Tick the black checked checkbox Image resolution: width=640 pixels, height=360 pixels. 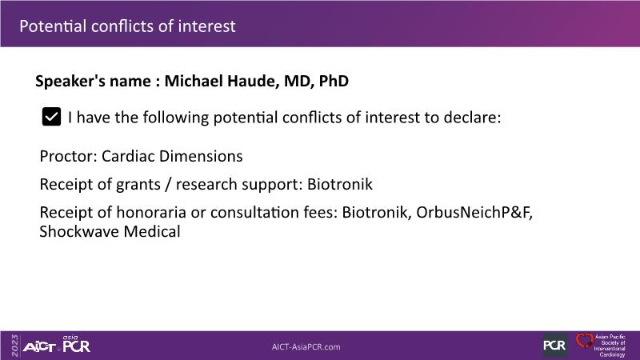tap(51, 117)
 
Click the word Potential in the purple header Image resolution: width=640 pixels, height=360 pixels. tap(53, 26)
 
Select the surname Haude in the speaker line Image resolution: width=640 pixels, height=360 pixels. tap(253, 81)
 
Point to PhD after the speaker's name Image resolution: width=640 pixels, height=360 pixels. tap(334, 81)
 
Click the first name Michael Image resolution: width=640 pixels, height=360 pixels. tap(194, 81)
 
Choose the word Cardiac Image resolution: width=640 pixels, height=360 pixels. tap(128, 156)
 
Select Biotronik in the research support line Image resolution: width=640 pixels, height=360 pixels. tap(339, 184)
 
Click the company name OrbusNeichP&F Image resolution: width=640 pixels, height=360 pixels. tap(474, 212)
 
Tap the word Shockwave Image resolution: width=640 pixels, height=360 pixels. tap(79, 231)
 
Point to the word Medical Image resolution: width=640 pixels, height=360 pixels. tap(152, 231)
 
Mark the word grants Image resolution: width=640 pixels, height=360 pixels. tap(138, 185)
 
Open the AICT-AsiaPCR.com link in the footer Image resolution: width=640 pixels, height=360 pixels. tap(306, 347)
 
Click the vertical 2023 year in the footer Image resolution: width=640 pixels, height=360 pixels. tap(15, 346)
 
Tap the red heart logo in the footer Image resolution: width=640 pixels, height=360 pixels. tap(585, 341)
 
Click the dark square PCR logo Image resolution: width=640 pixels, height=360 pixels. tap(554, 346)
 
